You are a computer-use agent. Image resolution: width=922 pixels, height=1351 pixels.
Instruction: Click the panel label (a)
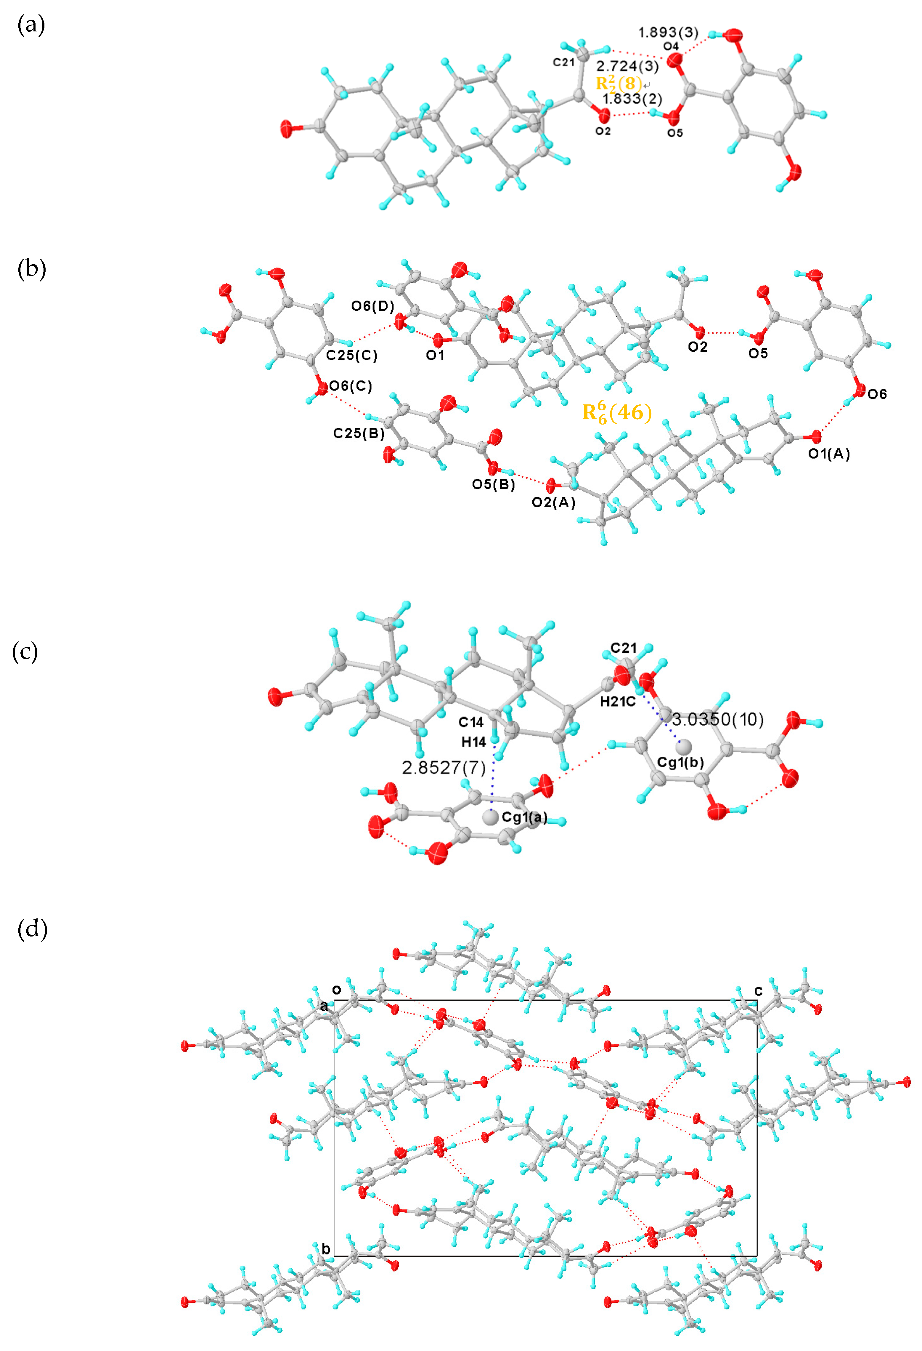(x=31, y=25)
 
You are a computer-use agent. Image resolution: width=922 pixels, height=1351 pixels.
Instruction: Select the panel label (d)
(x=33, y=929)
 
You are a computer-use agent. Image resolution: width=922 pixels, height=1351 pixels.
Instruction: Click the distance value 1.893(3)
(x=668, y=33)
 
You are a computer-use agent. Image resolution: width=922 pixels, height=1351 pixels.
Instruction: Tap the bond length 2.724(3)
(x=627, y=66)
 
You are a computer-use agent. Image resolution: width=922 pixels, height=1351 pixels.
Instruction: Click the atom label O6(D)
(x=372, y=306)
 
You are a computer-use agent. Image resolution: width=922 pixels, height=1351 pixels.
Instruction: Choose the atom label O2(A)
(x=554, y=502)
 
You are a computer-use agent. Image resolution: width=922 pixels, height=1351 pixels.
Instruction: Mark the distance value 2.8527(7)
(x=444, y=768)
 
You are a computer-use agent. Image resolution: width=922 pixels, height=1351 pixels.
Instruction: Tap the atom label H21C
(x=618, y=702)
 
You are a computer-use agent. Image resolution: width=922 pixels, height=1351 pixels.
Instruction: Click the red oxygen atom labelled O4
(x=674, y=60)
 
